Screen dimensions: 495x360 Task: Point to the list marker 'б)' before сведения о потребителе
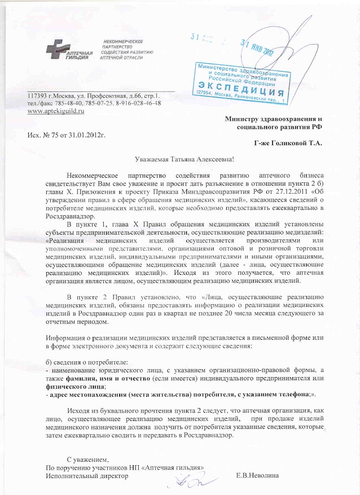[49, 361]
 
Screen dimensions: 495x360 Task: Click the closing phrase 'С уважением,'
[87, 459]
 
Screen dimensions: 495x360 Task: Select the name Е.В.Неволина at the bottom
[258, 476]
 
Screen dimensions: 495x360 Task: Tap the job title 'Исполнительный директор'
[86, 476]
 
